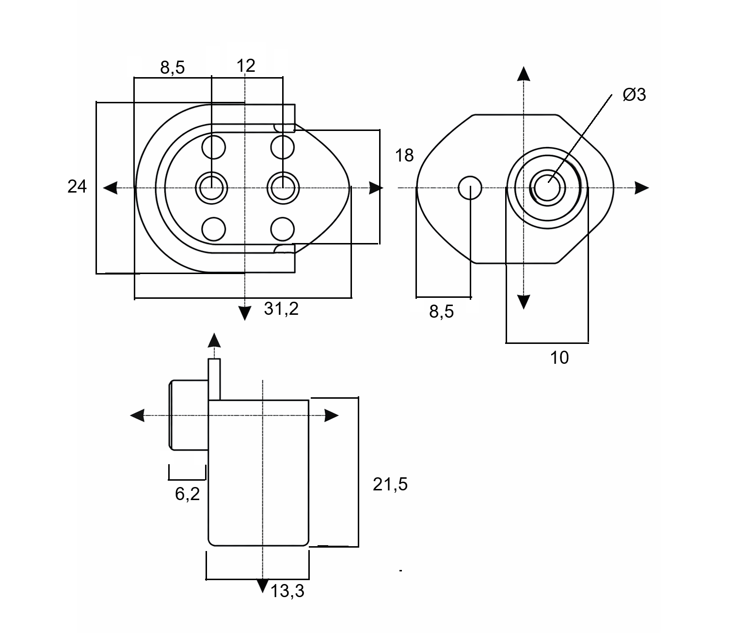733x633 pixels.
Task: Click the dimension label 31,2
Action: pos(281,308)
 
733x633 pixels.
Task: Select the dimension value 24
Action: pos(77,186)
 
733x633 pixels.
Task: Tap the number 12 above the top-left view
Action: pos(246,65)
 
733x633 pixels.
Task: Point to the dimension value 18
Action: pos(404,155)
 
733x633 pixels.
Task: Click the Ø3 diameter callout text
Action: pos(635,95)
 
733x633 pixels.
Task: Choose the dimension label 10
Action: pos(559,358)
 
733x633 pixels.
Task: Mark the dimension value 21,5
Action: pos(390,484)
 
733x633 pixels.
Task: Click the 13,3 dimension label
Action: pos(287,591)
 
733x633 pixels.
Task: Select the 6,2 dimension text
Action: pos(187,494)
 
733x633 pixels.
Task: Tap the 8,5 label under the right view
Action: pos(441,311)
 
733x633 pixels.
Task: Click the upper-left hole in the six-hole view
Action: pos(214,147)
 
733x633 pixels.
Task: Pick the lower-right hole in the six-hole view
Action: pos(283,229)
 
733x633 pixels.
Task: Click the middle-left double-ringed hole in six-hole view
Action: pos(211,187)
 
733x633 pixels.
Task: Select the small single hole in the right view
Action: pos(470,188)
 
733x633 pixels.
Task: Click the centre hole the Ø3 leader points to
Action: pos(547,186)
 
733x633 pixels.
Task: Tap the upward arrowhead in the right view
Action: pos(523,74)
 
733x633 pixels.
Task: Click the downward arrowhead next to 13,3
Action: pos(262,585)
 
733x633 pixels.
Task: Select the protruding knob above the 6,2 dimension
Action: pos(189,415)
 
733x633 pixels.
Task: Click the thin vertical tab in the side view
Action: pos(214,379)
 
